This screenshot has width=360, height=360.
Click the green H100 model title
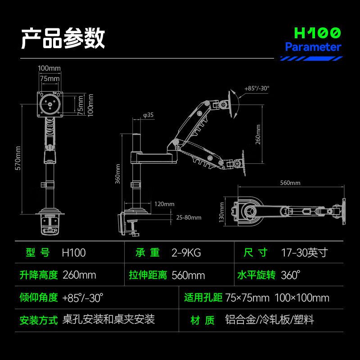(x=317, y=33)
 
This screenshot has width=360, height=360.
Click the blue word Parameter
(x=313, y=47)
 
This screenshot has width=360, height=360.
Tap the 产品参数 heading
(x=63, y=38)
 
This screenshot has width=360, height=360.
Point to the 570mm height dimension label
(x=18, y=160)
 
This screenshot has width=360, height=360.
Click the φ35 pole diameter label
(x=148, y=115)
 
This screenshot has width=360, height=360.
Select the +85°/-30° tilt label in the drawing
(x=257, y=89)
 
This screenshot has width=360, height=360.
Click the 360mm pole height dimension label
(x=118, y=173)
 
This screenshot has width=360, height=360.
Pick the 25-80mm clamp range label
(x=189, y=217)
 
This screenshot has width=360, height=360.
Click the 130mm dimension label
(x=222, y=211)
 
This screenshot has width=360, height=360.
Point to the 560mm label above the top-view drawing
(x=290, y=183)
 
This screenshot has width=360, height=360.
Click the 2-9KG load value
(x=186, y=252)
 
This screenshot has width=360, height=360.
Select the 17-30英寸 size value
(x=304, y=252)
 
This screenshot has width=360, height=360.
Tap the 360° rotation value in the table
(x=290, y=275)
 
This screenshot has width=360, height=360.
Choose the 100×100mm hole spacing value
(x=301, y=297)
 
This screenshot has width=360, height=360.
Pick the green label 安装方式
(x=39, y=320)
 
